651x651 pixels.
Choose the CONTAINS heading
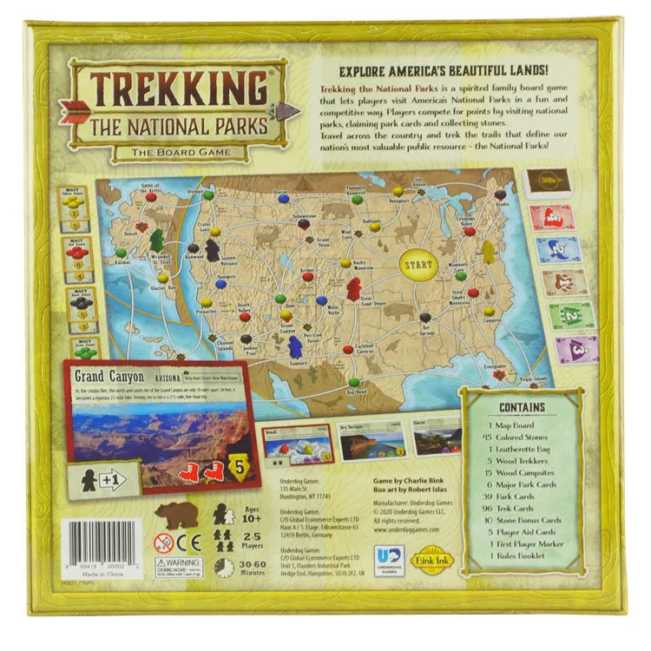(523, 406)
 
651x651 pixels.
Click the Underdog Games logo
(384, 556)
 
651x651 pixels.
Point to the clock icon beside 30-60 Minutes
(224, 567)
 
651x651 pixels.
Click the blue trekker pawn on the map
(296, 345)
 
